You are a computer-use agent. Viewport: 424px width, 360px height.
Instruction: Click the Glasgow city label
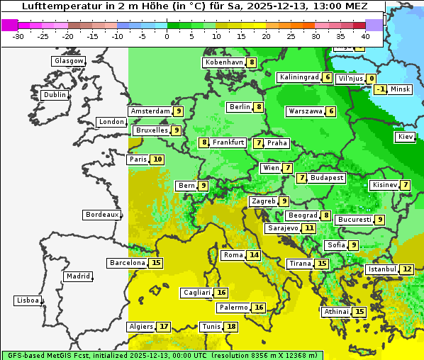point(69,61)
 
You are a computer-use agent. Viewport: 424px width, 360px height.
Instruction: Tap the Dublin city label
point(55,95)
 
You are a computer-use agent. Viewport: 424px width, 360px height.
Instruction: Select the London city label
point(111,122)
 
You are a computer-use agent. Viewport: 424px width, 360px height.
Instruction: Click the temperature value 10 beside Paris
point(157,159)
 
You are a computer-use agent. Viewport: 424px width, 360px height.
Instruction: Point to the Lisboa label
point(28,300)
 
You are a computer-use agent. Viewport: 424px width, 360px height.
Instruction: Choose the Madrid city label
point(77,276)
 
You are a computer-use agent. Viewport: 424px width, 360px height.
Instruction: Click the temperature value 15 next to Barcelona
point(157,263)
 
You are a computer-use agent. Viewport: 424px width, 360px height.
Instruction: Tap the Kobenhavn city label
point(224,62)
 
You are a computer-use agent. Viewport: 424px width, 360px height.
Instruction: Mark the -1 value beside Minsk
point(381,89)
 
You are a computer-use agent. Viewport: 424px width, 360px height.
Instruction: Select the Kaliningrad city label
point(299,77)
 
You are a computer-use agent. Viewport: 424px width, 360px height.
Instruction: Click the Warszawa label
point(306,111)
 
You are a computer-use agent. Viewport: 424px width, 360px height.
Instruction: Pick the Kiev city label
point(406,137)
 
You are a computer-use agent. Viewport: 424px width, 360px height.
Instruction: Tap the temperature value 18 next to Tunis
point(231,327)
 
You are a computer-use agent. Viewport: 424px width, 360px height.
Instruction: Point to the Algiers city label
point(141,327)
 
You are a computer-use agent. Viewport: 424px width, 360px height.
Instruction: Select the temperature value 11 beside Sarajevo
point(309,228)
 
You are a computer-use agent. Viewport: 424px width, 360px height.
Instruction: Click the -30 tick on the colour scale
point(18,35)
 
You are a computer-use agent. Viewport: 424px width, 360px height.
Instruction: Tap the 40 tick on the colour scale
point(365,35)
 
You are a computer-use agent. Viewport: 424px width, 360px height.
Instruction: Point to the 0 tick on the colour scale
point(167,35)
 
